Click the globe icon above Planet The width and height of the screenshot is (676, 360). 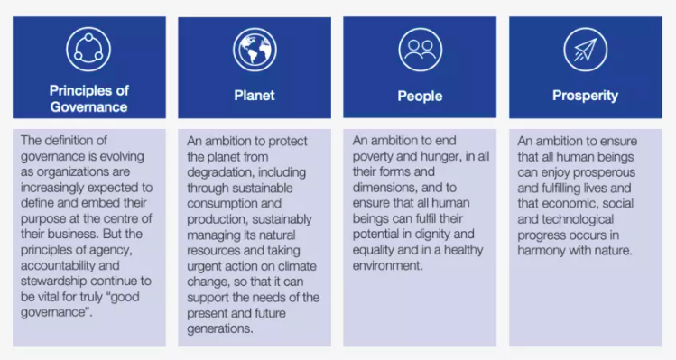255,50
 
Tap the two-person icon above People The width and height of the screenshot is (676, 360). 421,50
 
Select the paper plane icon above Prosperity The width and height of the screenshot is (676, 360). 586,50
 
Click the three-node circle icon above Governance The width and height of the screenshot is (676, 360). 88,49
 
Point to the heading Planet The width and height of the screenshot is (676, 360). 255,96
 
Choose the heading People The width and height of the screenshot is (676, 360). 420,96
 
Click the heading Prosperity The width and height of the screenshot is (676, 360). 586,96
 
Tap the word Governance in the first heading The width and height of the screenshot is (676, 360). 88,107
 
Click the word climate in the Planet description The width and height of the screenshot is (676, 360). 297,266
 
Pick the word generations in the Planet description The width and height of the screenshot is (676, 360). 219,328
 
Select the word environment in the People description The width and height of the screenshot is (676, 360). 386,265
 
